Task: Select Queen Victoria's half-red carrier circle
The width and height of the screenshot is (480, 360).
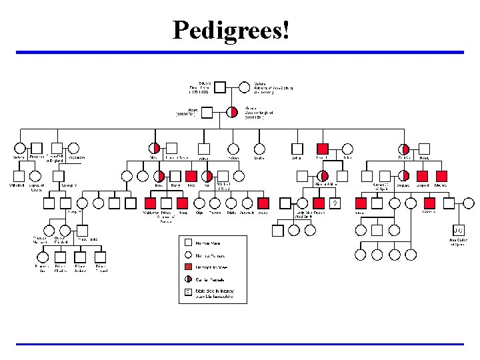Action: [x=232, y=112]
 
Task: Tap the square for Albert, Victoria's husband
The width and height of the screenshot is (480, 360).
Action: [x=207, y=112]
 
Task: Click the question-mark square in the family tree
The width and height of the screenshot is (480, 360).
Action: [x=336, y=203]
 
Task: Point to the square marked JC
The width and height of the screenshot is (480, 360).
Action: [x=459, y=229]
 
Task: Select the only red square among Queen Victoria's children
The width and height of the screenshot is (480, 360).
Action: [x=323, y=149]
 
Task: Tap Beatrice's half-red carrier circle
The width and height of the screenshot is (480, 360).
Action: [x=404, y=149]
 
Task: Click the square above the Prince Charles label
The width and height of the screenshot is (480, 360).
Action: [x=61, y=257]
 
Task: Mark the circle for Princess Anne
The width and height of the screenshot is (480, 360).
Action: [x=42, y=257]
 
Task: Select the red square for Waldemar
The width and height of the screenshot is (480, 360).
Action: [x=150, y=203]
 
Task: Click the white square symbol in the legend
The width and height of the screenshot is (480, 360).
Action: [x=189, y=243]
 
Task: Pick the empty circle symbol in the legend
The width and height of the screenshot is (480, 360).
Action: [x=189, y=255]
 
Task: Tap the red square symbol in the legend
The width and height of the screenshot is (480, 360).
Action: [x=189, y=267]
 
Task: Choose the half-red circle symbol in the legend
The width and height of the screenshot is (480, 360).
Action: [x=189, y=279]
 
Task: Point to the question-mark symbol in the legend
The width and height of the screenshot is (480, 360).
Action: [x=189, y=292]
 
